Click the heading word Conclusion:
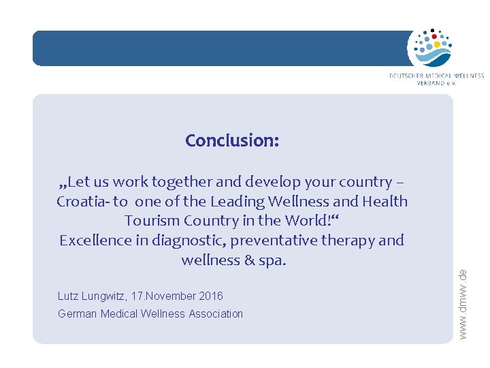pyautogui.click(x=232, y=140)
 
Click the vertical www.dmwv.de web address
pyautogui.click(x=463, y=303)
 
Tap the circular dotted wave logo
pyautogui.click(x=429, y=48)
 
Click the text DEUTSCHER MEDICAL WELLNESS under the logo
pyautogui.click(x=436, y=76)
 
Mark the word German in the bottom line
pyautogui.click(x=76, y=313)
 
